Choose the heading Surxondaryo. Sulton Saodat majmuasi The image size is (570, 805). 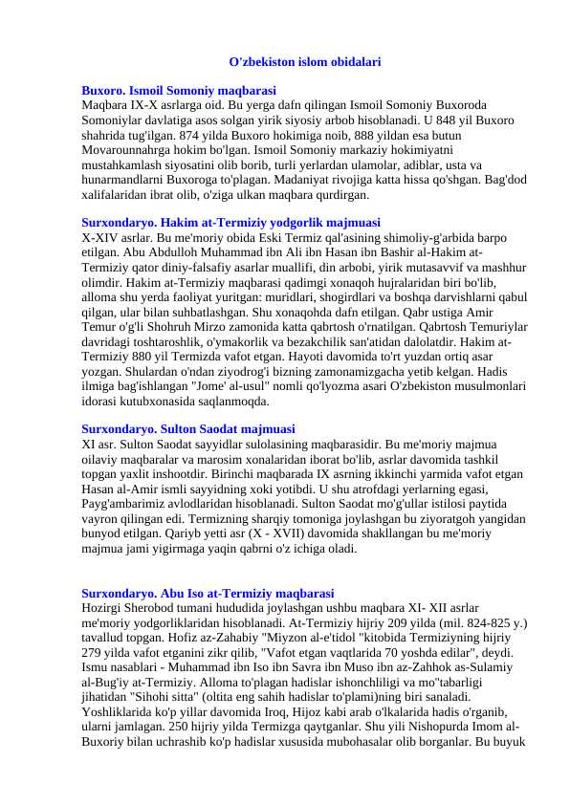pos(188,429)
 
